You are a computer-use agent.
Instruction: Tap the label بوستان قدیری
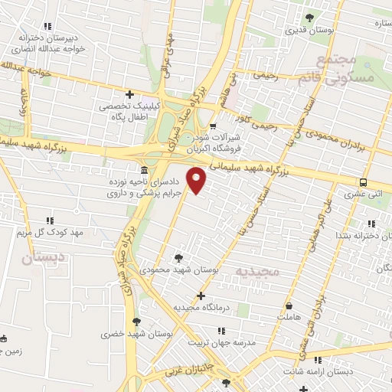pos(309,31)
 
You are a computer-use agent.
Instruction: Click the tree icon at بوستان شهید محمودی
pos(178,258)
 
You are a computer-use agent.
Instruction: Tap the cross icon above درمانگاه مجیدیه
pos(201,296)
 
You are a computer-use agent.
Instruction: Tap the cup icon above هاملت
pos(289,305)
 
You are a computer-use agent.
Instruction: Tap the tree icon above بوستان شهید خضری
pos(136,322)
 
